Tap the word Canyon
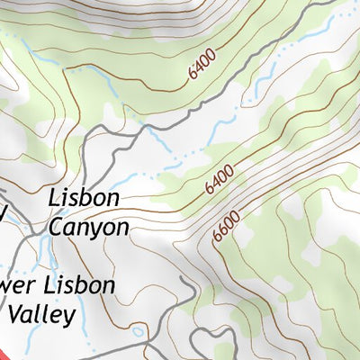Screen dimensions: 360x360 click(88, 228)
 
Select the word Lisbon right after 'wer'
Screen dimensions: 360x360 click(82, 286)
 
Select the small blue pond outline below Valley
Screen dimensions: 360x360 click(137, 331)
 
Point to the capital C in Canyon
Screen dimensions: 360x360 click(56, 228)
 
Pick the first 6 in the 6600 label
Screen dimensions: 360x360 click(218, 237)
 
